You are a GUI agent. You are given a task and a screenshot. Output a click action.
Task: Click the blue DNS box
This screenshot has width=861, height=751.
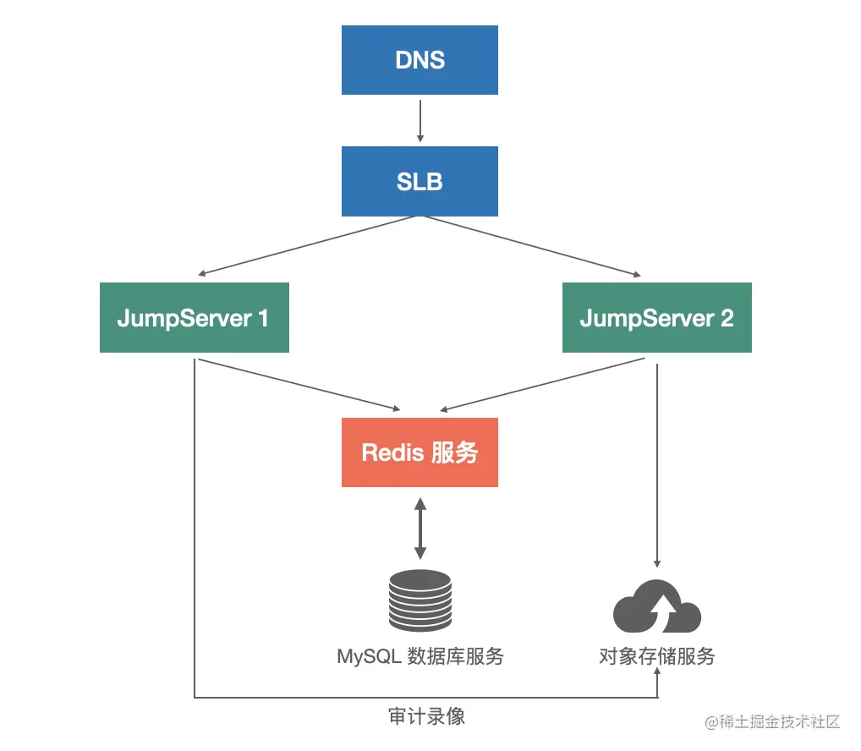[x=420, y=60]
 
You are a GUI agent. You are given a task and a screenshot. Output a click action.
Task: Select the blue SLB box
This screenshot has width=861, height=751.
[x=420, y=181]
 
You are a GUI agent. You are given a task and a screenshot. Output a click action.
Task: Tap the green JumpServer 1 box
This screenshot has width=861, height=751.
[x=194, y=317]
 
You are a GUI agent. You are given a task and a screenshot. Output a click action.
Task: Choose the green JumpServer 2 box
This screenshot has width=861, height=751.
[x=656, y=317]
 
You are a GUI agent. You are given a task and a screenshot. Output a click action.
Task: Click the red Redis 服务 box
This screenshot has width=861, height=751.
[x=420, y=452]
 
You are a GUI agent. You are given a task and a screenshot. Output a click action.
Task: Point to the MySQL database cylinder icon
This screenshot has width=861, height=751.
[x=420, y=601]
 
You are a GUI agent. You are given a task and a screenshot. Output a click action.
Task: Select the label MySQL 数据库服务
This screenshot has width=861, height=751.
[x=420, y=656]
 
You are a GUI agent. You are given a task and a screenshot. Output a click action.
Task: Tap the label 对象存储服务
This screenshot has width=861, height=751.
[x=656, y=656]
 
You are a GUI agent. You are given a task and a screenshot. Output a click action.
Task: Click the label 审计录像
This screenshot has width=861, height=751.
[x=426, y=717]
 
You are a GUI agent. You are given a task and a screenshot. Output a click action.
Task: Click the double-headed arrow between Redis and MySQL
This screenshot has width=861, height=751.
[x=420, y=528]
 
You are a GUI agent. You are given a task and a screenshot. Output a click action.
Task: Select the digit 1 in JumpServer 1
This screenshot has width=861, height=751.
[x=262, y=318]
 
